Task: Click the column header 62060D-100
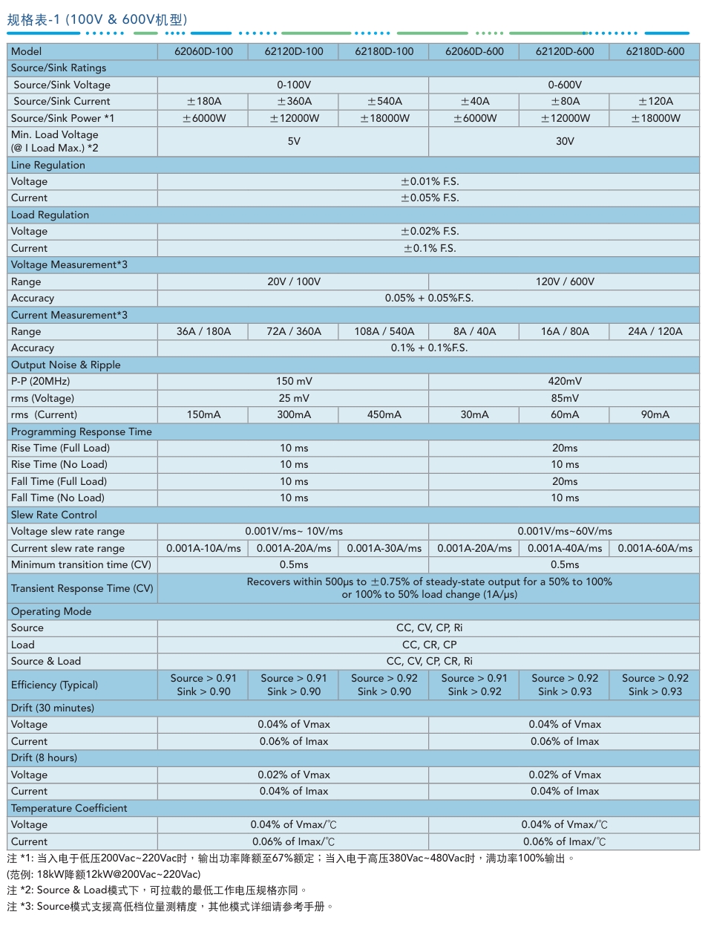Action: pyautogui.click(x=203, y=51)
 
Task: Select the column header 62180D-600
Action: pyautogui.click(x=655, y=51)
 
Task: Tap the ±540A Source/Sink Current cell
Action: pyautogui.click(x=384, y=101)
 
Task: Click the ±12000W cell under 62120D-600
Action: pyautogui.click(x=565, y=118)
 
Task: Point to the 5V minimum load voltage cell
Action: pyautogui.click(x=294, y=141)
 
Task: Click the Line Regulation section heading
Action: pyautogui.click(x=48, y=165)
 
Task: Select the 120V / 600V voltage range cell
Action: pyautogui.click(x=565, y=281)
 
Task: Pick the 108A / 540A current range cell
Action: pyautogui.click(x=384, y=331)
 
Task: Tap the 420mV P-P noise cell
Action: pyautogui.click(x=565, y=381)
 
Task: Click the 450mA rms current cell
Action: pyautogui.click(x=384, y=414)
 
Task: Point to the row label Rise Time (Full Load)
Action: pyautogui.click(x=60, y=448)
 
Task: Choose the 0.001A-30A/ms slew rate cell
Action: pyautogui.click(x=384, y=548)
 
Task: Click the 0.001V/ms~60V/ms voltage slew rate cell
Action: pyautogui.click(x=565, y=531)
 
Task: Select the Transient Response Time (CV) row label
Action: pyautogui.click(x=82, y=588)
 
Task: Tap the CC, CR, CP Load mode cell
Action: pyautogui.click(x=429, y=645)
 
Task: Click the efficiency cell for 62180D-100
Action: pyautogui.click(x=384, y=685)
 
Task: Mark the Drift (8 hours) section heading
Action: pyautogui.click(x=44, y=757)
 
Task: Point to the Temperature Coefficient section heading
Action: pyautogui.click(x=69, y=808)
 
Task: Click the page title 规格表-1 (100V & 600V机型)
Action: pyautogui.click(x=97, y=19)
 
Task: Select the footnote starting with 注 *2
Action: pyautogui.click(x=157, y=890)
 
